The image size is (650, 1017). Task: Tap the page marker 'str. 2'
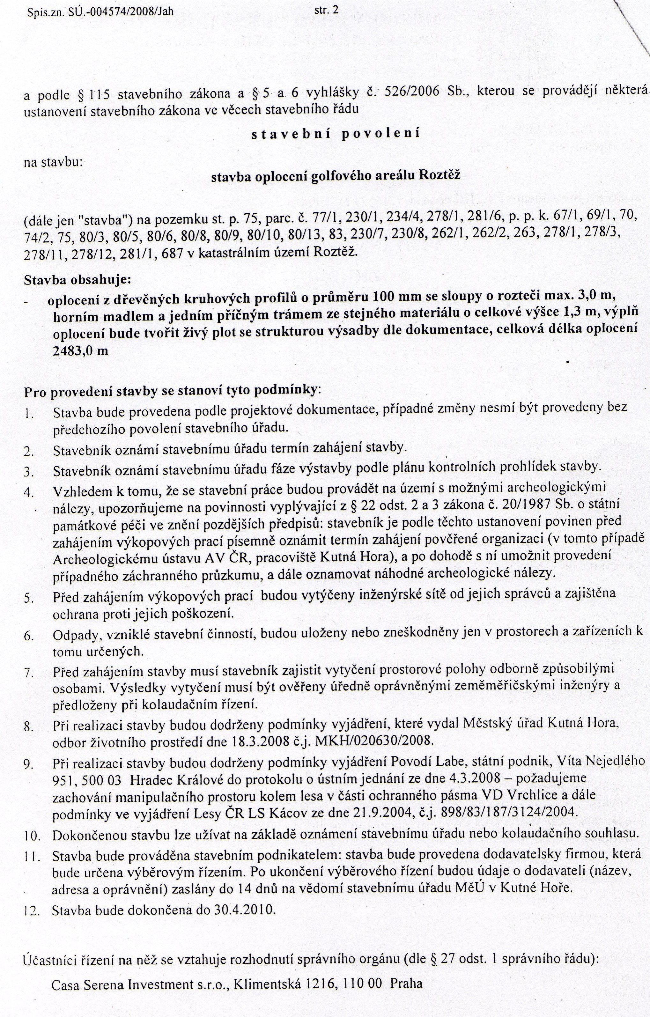327,9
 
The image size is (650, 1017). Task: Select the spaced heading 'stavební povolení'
336,134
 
